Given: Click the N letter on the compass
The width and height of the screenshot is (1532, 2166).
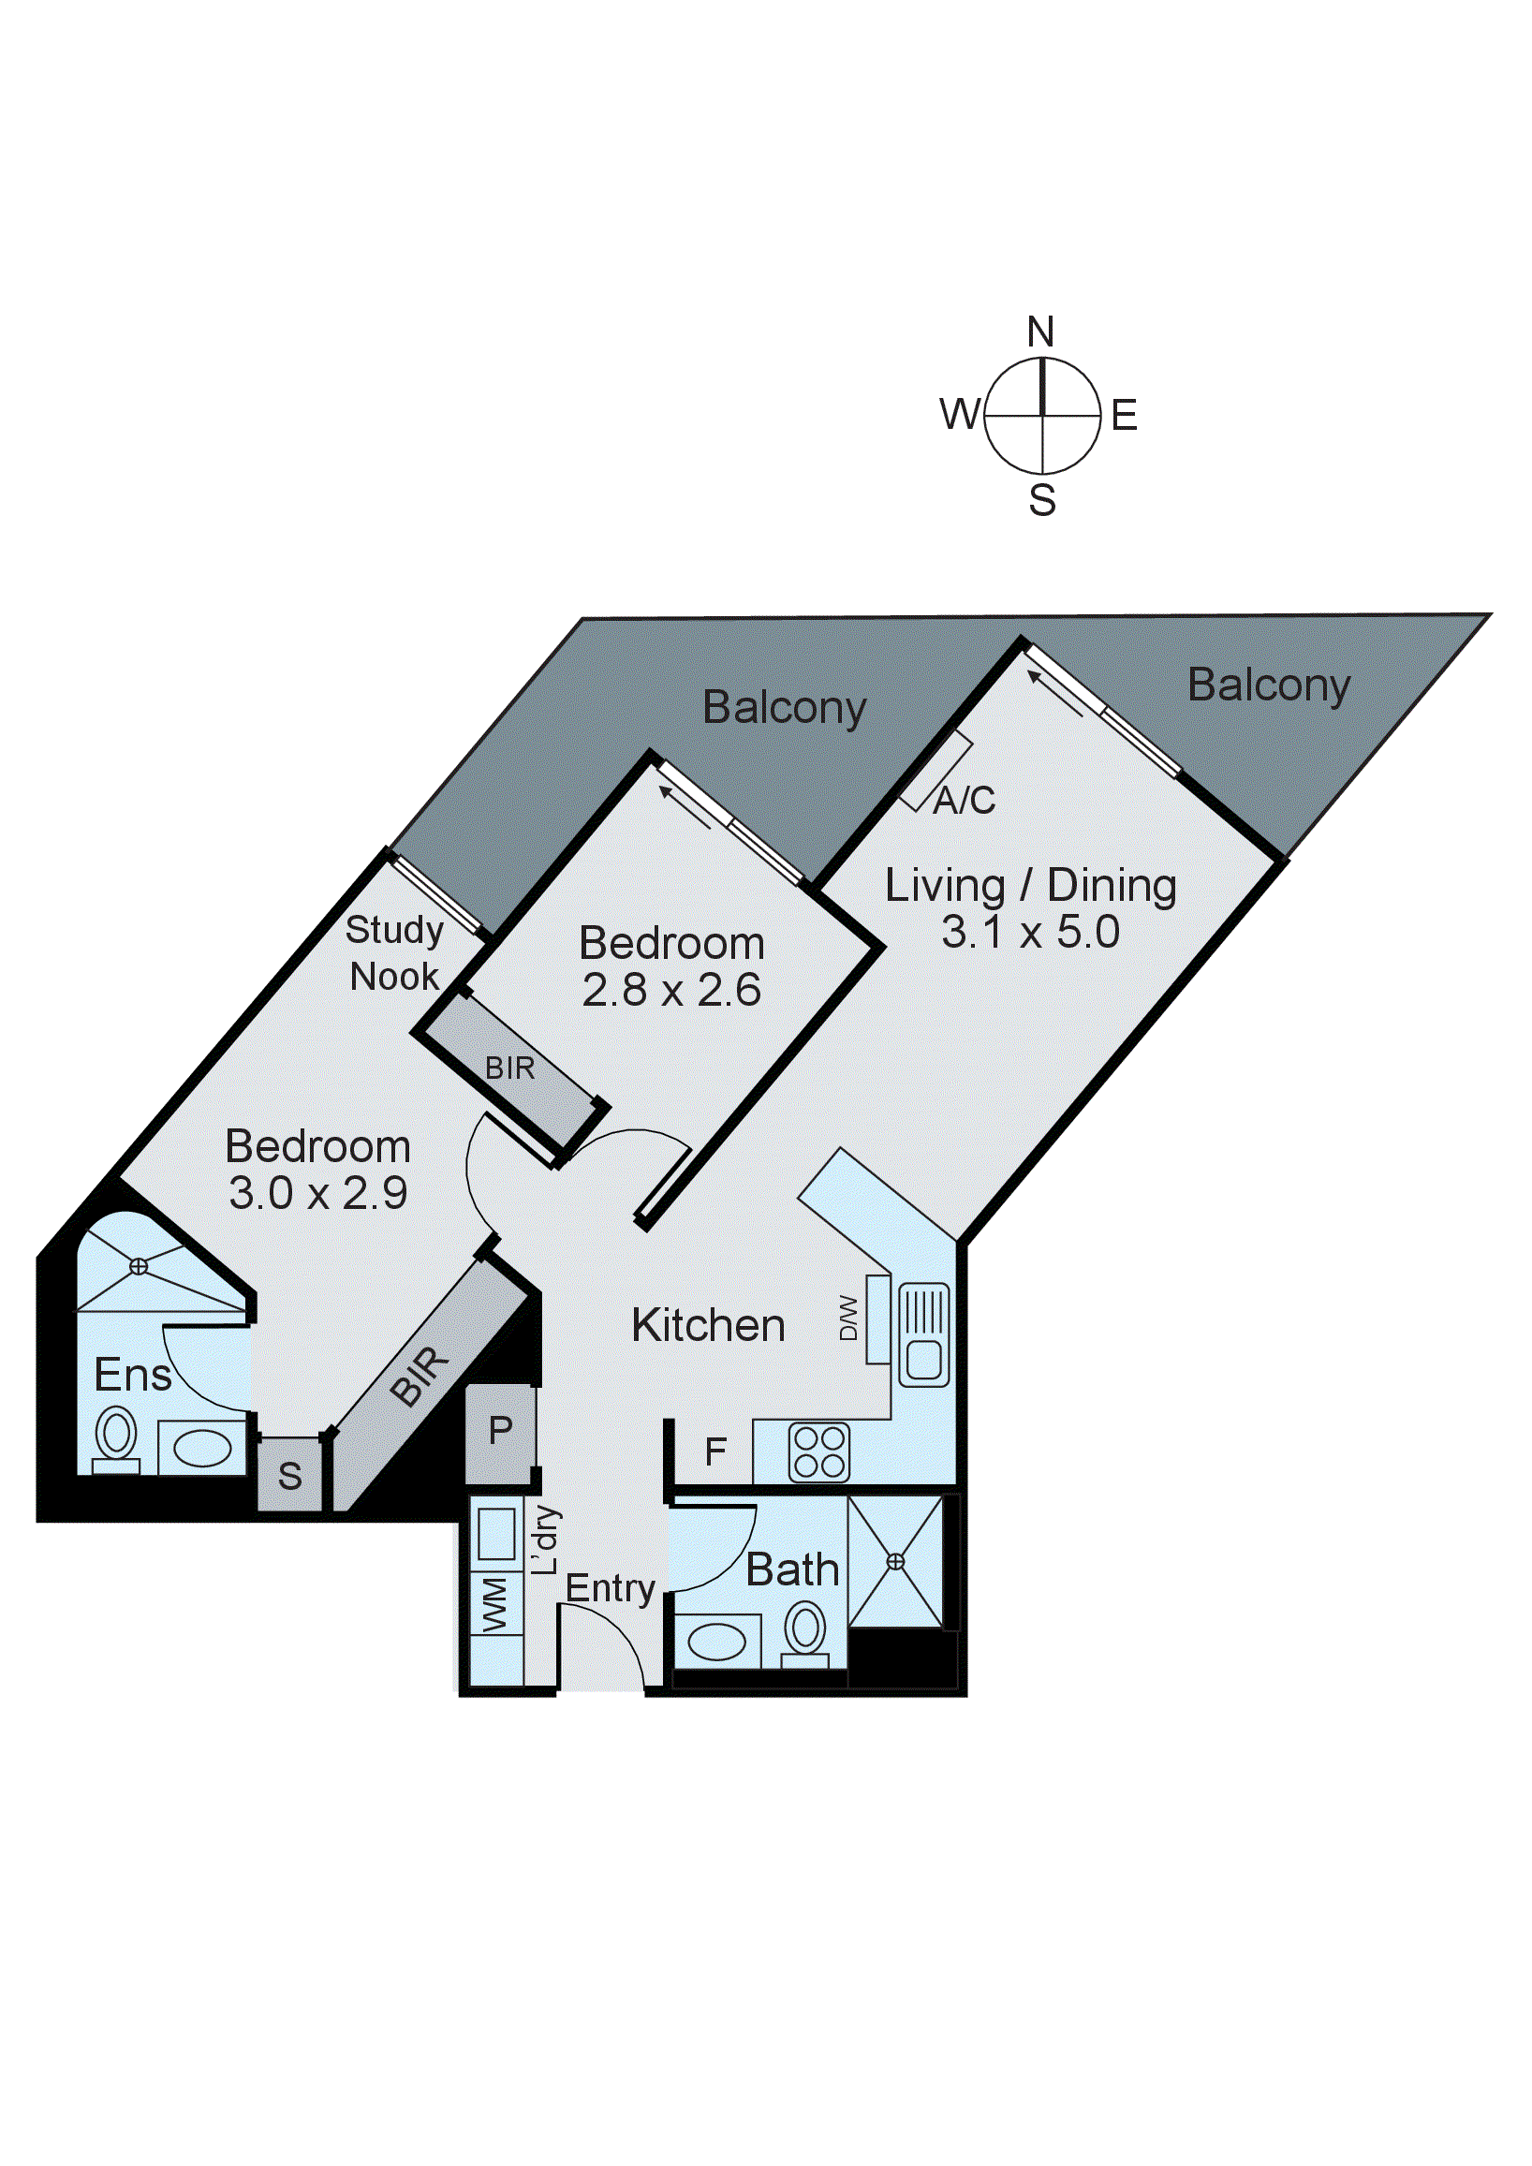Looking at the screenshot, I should point(1039,332).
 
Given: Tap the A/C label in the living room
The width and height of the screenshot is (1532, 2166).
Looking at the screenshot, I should point(965,801).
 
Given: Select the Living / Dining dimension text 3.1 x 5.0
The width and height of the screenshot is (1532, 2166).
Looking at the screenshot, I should point(1030,932).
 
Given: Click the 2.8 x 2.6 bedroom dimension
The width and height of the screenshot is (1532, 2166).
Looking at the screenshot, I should point(670,991).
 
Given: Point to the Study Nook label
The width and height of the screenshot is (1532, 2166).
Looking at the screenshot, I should point(394,952).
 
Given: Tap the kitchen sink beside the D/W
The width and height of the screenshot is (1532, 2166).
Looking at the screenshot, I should point(923,1334).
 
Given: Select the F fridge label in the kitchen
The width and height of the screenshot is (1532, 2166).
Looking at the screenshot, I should point(715,1451).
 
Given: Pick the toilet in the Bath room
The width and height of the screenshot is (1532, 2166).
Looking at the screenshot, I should point(805,1630).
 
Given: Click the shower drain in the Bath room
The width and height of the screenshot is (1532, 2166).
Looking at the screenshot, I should point(895,1561).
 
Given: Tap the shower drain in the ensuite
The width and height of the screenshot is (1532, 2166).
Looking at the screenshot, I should point(139,1267).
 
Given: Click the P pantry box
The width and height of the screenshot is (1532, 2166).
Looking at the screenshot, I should point(500,1432).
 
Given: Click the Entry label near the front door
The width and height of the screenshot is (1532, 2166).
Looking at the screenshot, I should point(610,1587).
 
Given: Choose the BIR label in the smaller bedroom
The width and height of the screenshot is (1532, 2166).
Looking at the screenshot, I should point(509,1068).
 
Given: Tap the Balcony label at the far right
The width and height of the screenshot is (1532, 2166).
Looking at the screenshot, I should point(1268,685).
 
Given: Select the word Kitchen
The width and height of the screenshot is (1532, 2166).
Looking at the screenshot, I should point(708,1325).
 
